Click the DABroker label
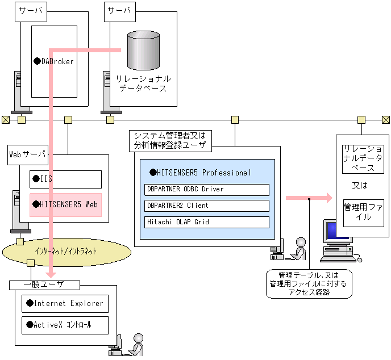[55, 61]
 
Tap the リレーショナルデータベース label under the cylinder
[143, 83]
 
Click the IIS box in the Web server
[65, 179]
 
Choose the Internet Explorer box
[64, 303]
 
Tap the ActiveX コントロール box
[64, 325]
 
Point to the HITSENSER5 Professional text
[200, 173]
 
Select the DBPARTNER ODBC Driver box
[206, 189]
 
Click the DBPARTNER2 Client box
[206, 206]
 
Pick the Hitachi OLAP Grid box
[206, 222]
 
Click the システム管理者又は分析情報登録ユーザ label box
[171, 140]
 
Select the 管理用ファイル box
[364, 212]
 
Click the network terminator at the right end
[386, 119]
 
